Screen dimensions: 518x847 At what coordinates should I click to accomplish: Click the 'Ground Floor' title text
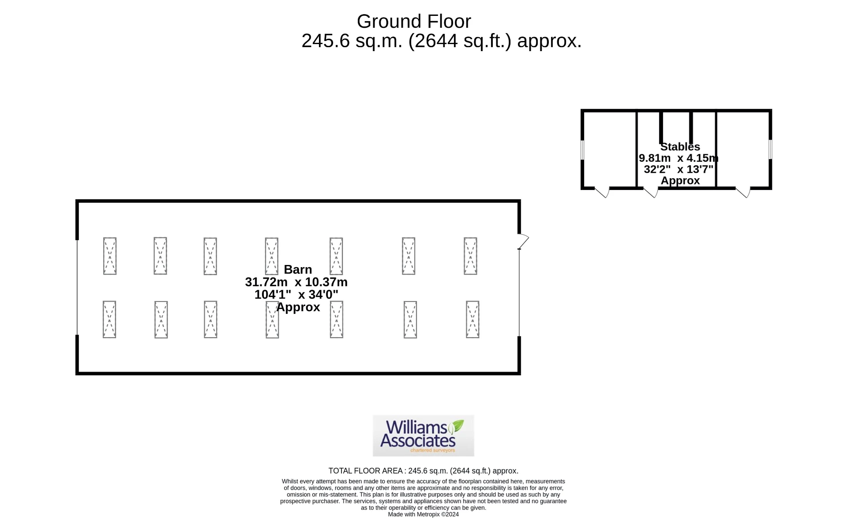tap(414, 21)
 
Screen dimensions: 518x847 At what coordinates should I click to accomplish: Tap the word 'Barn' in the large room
tap(298, 269)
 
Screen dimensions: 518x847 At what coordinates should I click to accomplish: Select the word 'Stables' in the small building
tap(680, 147)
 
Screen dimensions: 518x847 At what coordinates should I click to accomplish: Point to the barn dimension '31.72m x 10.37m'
tap(296, 282)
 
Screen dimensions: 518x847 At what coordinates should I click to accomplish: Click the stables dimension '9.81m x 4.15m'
tap(678, 158)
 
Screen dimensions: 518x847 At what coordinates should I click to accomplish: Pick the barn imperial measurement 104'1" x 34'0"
tap(296, 294)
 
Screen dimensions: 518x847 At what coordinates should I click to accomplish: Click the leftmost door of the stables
tap(602, 192)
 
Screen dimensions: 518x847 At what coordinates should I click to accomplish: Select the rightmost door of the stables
tap(743, 192)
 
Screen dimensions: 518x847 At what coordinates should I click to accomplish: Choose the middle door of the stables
tap(651, 192)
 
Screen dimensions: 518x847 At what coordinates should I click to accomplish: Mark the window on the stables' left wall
tap(582, 150)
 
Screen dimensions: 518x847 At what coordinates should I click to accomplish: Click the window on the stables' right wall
tap(770, 149)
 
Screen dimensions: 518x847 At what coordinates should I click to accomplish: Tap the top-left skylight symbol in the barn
tap(110, 256)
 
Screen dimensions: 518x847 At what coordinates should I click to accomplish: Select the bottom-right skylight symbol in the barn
tap(472, 320)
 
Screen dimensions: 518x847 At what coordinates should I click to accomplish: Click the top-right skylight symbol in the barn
tap(470, 256)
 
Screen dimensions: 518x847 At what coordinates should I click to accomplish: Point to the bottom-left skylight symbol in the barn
tap(109, 320)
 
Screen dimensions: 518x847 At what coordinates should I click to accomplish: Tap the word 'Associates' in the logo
tap(418, 440)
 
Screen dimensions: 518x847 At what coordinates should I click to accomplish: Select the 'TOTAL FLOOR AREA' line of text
tap(423, 471)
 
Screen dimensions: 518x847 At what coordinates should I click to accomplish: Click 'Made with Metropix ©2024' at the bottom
tap(423, 514)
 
